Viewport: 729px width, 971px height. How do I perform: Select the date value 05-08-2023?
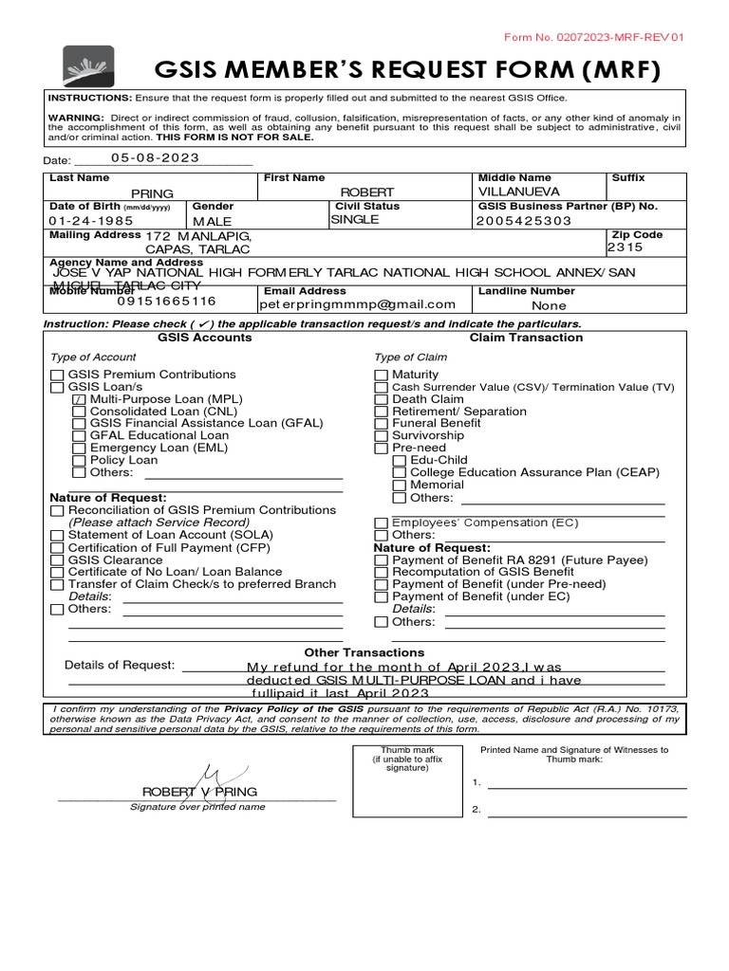click(155, 158)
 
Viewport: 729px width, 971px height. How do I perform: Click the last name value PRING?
click(152, 193)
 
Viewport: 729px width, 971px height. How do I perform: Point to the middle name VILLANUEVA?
click(521, 192)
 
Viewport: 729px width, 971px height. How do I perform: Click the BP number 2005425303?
click(525, 221)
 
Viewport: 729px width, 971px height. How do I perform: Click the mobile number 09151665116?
click(166, 302)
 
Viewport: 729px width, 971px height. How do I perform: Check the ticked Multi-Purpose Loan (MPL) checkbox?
click(79, 400)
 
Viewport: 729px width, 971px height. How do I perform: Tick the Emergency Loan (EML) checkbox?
click(79, 449)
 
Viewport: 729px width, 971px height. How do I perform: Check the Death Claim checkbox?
click(381, 400)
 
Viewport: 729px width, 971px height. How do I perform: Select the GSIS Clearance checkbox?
click(57, 559)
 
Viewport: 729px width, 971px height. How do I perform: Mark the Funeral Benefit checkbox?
click(381, 424)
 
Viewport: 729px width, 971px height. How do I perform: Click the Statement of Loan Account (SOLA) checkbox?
click(57, 535)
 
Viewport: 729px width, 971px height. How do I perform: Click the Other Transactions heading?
click(364, 652)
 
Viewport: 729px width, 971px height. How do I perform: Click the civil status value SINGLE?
click(354, 219)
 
